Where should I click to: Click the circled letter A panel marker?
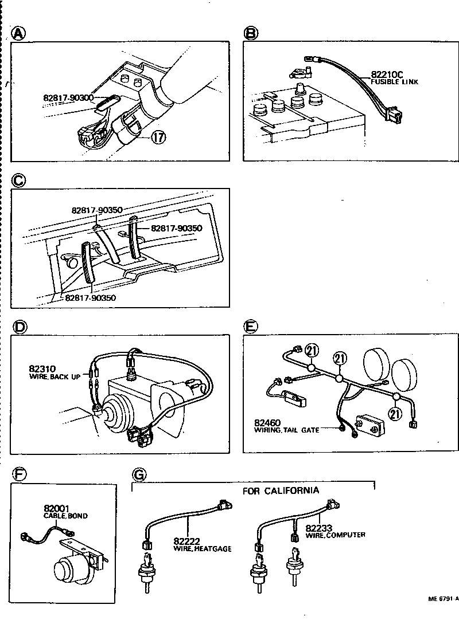pyautogui.click(x=19, y=34)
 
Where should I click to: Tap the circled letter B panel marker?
pyautogui.click(x=251, y=34)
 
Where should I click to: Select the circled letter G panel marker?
pyautogui.click(x=139, y=475)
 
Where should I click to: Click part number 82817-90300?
pyautogui.click(x=68, y=98)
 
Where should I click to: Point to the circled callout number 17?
pyautogui.click(x=160, y=138)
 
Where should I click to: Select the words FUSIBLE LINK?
pyautogui.click(x=394, y=82)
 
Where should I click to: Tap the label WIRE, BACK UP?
pyautogui.click(x=55, y=377)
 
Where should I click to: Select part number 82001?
pyautogui.click(x=57, y=508)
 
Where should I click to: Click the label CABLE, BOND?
pyautogui.click(x=65, y=516)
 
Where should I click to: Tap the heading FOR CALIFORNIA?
pyautogui.click(x=281, y=490)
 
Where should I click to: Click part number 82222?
pyautogui.click(x=187, y=541)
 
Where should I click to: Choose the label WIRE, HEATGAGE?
pyautogui.click(x=202, y=548)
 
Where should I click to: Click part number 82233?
pyautogui.click(x=320, y=527)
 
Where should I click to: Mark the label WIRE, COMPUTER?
pyautogui.click(x=335, y=535)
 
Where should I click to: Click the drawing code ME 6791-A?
pyautogui.click(x=442, y=599)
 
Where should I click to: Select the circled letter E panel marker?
pyautogui.click(x=251, y=327)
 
